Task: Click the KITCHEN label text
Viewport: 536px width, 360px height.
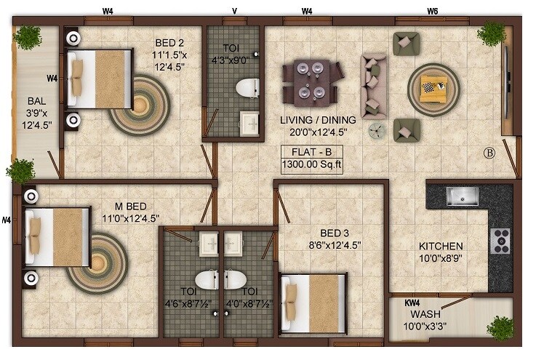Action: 441,247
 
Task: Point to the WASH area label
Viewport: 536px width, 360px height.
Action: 425,314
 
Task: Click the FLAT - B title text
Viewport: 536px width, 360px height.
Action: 312,153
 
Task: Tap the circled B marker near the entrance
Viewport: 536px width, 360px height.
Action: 489,153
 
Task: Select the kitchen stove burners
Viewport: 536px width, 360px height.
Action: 501,241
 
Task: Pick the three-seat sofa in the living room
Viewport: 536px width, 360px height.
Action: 373,84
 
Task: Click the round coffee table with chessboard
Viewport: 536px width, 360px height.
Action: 434,87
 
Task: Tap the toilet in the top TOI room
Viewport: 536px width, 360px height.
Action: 248,88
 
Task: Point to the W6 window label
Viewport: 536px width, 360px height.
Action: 433,11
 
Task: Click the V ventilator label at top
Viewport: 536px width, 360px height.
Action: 234,11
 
